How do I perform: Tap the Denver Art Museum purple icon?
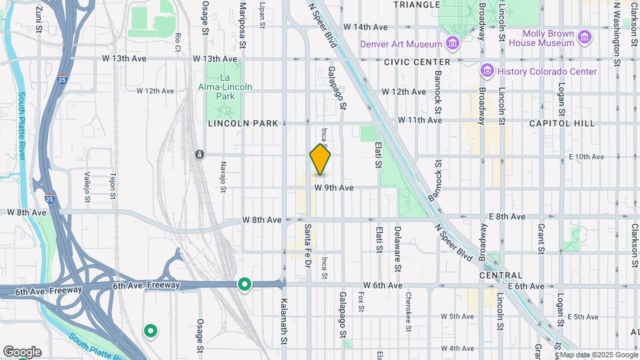453,44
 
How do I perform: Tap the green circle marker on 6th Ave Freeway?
245,285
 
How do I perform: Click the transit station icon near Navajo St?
199,155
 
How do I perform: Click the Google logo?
22,351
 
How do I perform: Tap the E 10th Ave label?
586,157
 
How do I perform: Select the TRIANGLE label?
417,5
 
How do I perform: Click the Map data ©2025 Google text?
598,355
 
